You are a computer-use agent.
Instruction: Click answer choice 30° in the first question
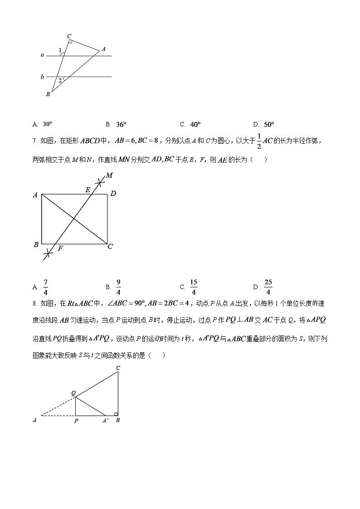pos(47,124)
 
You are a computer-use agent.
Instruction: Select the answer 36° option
pos(121,124)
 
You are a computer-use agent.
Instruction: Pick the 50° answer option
pos(269,124)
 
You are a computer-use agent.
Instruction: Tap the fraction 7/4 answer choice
pos(45,287)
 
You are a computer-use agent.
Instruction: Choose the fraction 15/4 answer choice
pos(194,287)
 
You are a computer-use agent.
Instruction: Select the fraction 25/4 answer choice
pos(268,287)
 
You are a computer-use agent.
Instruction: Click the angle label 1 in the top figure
pos(60,50)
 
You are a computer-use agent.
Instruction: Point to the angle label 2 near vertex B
pos(59,80)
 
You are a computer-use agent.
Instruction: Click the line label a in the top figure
pos(42,55)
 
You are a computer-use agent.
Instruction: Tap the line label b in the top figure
pos(42,77)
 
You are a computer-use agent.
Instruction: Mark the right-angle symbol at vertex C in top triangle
pos(70,42)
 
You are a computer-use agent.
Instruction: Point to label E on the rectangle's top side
pos(88,190)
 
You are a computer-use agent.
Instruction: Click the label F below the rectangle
pos(60,248)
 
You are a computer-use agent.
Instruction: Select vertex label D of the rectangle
pos(113,194)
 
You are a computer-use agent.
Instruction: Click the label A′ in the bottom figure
pos(105,421)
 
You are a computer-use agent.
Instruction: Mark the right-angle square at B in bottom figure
pos(116,414)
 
